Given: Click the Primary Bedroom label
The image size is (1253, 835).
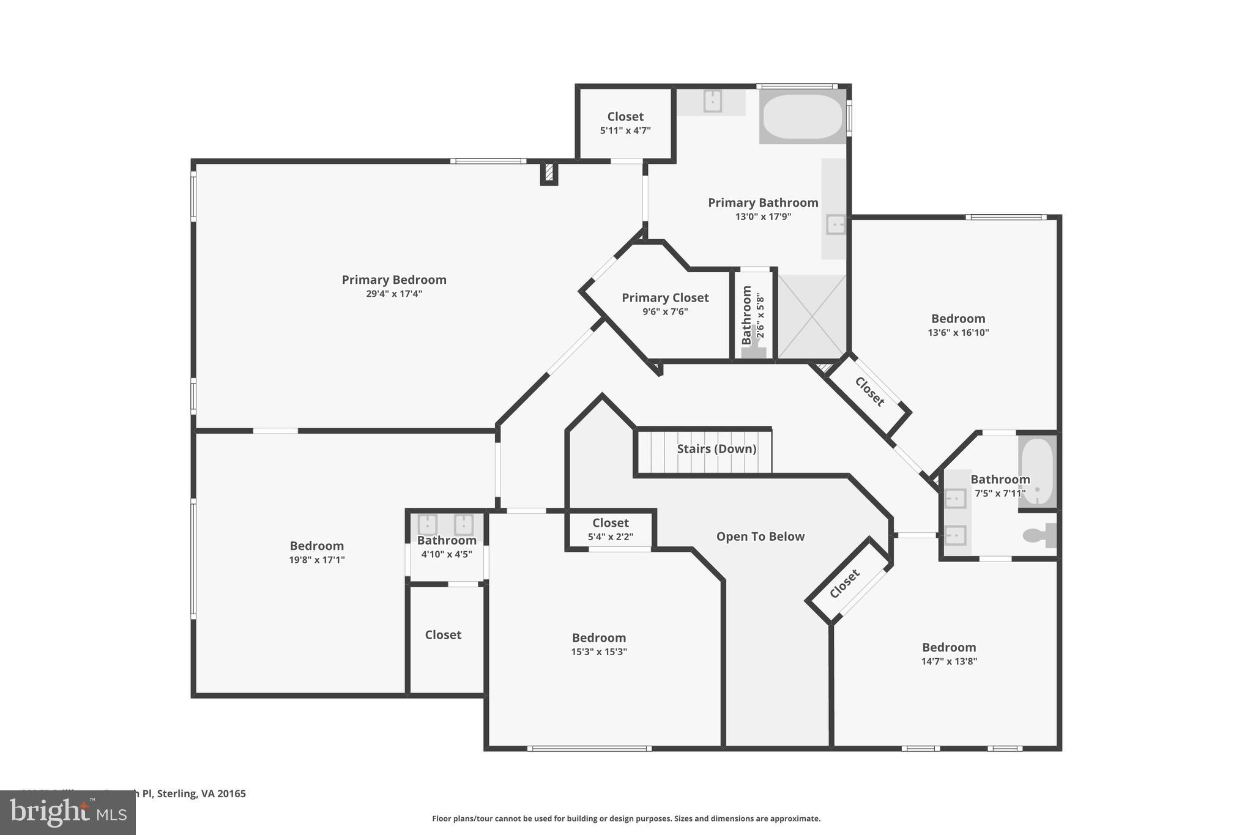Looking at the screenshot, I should pos(394,280).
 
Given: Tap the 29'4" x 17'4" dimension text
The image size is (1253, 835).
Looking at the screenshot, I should pos(394,294).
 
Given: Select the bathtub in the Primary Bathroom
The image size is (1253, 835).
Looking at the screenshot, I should pos(803,116).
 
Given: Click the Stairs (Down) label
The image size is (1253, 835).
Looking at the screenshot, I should pos(716,449).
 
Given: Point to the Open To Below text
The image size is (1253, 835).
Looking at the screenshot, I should pos(760,536).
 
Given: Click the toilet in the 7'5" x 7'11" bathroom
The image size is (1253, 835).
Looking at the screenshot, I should pos(1038,535).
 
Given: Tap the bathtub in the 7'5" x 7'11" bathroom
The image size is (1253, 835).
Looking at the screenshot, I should pos(1038,472).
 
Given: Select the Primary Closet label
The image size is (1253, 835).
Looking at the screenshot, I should pos(665,298).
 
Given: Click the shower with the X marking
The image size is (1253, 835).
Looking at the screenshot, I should pos(812,317).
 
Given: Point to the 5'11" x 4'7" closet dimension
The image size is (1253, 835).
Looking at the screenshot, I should pos(625,130).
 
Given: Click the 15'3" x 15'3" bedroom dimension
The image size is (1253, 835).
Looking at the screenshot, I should pos(599,652).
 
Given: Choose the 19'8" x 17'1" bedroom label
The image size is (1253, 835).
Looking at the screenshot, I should pos(317,546).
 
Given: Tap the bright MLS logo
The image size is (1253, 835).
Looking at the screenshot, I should pos(68,812).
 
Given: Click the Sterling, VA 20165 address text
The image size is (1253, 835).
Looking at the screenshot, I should pos(201,794).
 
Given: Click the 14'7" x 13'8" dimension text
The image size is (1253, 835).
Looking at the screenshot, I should pos(949,661).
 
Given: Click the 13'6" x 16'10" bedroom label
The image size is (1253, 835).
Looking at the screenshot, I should pos(958,319).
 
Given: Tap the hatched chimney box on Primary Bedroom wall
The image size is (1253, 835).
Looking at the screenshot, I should pos(549,173).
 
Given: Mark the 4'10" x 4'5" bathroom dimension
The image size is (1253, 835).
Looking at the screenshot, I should pos(447,554).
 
